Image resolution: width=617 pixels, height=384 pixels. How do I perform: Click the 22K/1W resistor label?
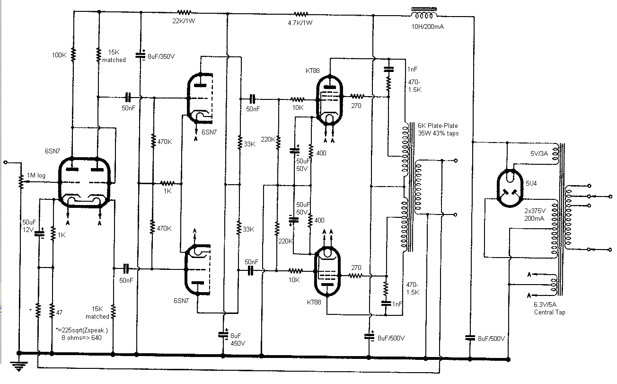184,21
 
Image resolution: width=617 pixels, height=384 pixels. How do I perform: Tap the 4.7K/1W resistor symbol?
300,14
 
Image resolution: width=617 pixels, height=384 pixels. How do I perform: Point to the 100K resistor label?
59,55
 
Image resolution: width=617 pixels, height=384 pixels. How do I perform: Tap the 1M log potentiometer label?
36,175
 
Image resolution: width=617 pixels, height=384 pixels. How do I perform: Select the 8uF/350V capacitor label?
161,56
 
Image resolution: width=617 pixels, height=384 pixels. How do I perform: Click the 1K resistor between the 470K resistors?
167,183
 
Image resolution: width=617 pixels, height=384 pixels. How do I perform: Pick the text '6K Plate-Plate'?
438,125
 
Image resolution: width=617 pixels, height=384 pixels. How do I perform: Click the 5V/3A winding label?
539,153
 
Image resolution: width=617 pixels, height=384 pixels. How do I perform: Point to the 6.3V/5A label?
545,304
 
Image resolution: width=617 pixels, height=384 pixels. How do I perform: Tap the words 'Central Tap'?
549,313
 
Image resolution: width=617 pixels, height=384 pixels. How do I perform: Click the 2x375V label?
535,211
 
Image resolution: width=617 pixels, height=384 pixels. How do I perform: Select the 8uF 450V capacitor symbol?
223,335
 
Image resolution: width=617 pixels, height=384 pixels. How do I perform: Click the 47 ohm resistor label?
59,313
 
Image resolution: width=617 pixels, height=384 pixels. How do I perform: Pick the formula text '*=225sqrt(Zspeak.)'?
81,330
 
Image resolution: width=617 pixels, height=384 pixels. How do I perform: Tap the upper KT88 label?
313,71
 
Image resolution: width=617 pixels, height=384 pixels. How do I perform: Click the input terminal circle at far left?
5,162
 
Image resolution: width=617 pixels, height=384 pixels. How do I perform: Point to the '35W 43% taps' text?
438,134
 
